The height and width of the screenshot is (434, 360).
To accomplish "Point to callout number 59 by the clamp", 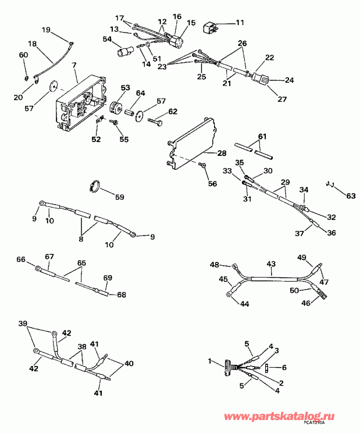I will [119, 197].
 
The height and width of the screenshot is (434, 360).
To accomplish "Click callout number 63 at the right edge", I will [350, 195].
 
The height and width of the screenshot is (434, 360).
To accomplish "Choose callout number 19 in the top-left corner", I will [47, 30].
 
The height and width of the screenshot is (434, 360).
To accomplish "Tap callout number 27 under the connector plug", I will [282, 99].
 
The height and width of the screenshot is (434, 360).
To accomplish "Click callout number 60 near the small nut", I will [24, 55].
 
